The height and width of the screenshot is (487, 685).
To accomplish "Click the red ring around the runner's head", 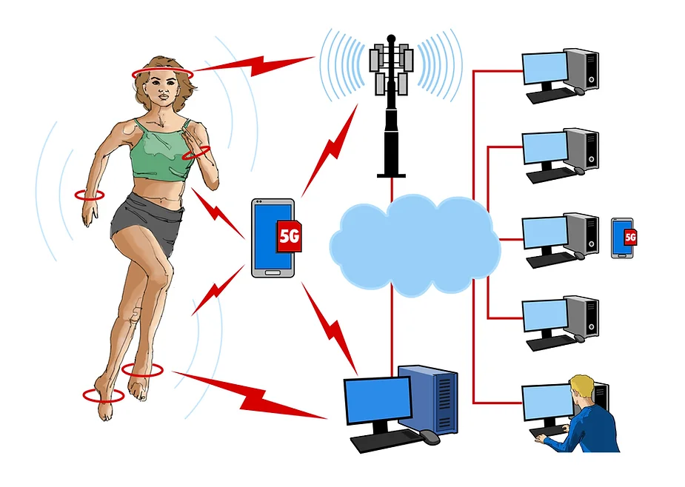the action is (162, 74).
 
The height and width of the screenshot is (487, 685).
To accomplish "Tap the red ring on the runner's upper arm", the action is (196, 153).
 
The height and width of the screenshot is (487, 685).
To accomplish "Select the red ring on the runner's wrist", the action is (90, 195).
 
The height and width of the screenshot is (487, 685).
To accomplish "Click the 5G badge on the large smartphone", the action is (289, 236).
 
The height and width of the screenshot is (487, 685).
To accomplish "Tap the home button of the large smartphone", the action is (273, 272).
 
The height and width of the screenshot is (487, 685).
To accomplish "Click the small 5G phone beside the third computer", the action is (624, 238).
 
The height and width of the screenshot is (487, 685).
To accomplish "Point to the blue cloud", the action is (415, 244).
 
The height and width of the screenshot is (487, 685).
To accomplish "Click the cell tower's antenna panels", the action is (391, 69).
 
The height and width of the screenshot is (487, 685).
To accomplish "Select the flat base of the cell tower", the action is (392, 175).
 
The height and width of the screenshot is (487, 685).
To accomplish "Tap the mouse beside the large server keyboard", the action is (429, 437).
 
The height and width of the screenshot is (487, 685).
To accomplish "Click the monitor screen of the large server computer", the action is (378, 400).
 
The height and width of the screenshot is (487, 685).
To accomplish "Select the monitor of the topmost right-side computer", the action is (545, 68).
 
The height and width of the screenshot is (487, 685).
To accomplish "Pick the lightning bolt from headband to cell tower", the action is (253, 66).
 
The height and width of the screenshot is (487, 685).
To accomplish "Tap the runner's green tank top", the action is (162, 151).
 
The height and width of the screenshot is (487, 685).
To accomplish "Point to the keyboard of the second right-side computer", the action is (551, 175).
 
